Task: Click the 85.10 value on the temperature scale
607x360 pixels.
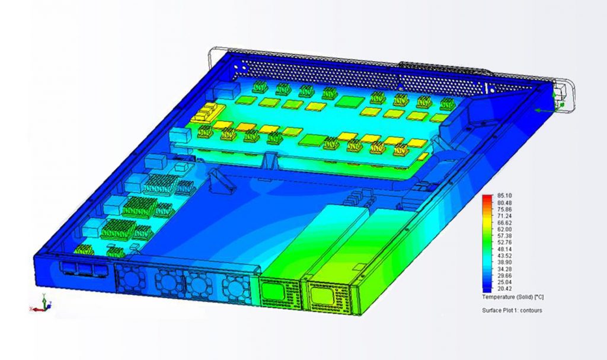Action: pos(504,196)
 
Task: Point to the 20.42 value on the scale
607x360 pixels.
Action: pos(504,289)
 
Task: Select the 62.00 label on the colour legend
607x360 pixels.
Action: pos(504,230)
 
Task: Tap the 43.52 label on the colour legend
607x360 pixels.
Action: pos(504,256)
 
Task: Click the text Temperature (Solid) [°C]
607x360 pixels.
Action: pos(513,297)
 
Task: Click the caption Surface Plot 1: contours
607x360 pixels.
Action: pos(512,310)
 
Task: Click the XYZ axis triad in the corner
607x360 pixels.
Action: pos(40,304)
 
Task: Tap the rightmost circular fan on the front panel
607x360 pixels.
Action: pos(235,288)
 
